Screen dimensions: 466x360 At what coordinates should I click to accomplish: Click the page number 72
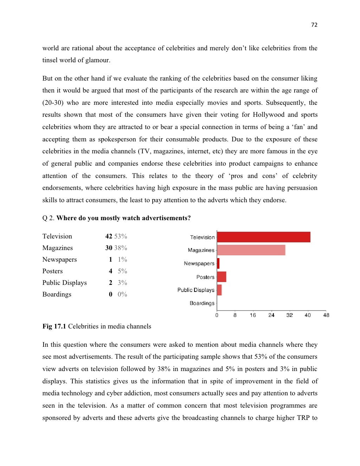pos(314,25)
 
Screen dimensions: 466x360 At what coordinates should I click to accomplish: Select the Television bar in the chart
pos(264,237)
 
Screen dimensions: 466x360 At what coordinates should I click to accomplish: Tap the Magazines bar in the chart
pos(251,250)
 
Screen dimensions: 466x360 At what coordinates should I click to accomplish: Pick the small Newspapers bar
pos(218,263)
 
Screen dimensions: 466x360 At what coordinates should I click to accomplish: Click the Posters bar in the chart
pos(221,277)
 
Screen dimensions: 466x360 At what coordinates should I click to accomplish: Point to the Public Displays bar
pos(219,290)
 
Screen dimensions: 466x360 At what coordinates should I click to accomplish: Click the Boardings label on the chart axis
pos(202,303)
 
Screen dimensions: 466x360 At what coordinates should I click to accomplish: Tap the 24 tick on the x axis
pos(271,315)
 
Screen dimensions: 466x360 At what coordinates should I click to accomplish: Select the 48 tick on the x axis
pos(326,315)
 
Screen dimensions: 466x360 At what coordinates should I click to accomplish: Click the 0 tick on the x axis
pos(217,315)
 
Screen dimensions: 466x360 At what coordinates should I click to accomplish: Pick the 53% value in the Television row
pos(121,236)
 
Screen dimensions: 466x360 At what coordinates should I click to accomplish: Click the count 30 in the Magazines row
pos(109,248)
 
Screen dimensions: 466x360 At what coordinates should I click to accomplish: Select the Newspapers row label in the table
pos(59,260)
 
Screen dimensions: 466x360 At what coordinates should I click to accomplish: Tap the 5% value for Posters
pos(122,271)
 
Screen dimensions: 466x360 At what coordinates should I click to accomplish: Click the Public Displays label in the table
pos(64,283)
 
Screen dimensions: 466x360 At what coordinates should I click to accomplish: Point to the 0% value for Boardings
pos(122,294)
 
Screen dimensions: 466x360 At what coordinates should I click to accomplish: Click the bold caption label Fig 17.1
pos(54,326)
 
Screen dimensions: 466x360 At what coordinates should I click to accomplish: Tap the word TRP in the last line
pos(302,418)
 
